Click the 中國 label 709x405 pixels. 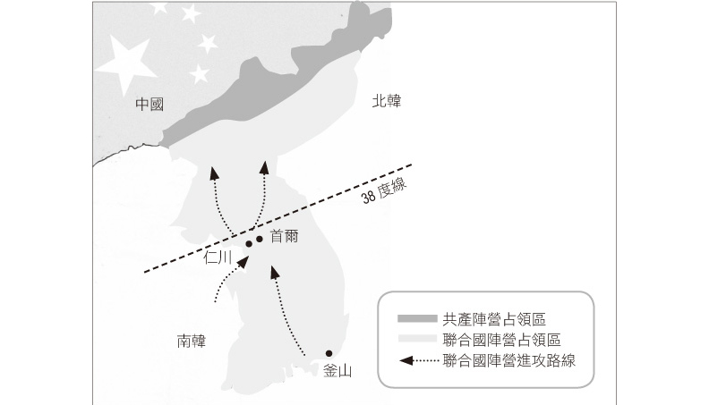pos(150,105)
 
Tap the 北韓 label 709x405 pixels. pos(388,102)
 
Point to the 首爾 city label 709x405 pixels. pos(284,237)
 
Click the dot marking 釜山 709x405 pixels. pos(329,353)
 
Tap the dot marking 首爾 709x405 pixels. pos(260,238)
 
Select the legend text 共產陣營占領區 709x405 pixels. pos(494,319)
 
